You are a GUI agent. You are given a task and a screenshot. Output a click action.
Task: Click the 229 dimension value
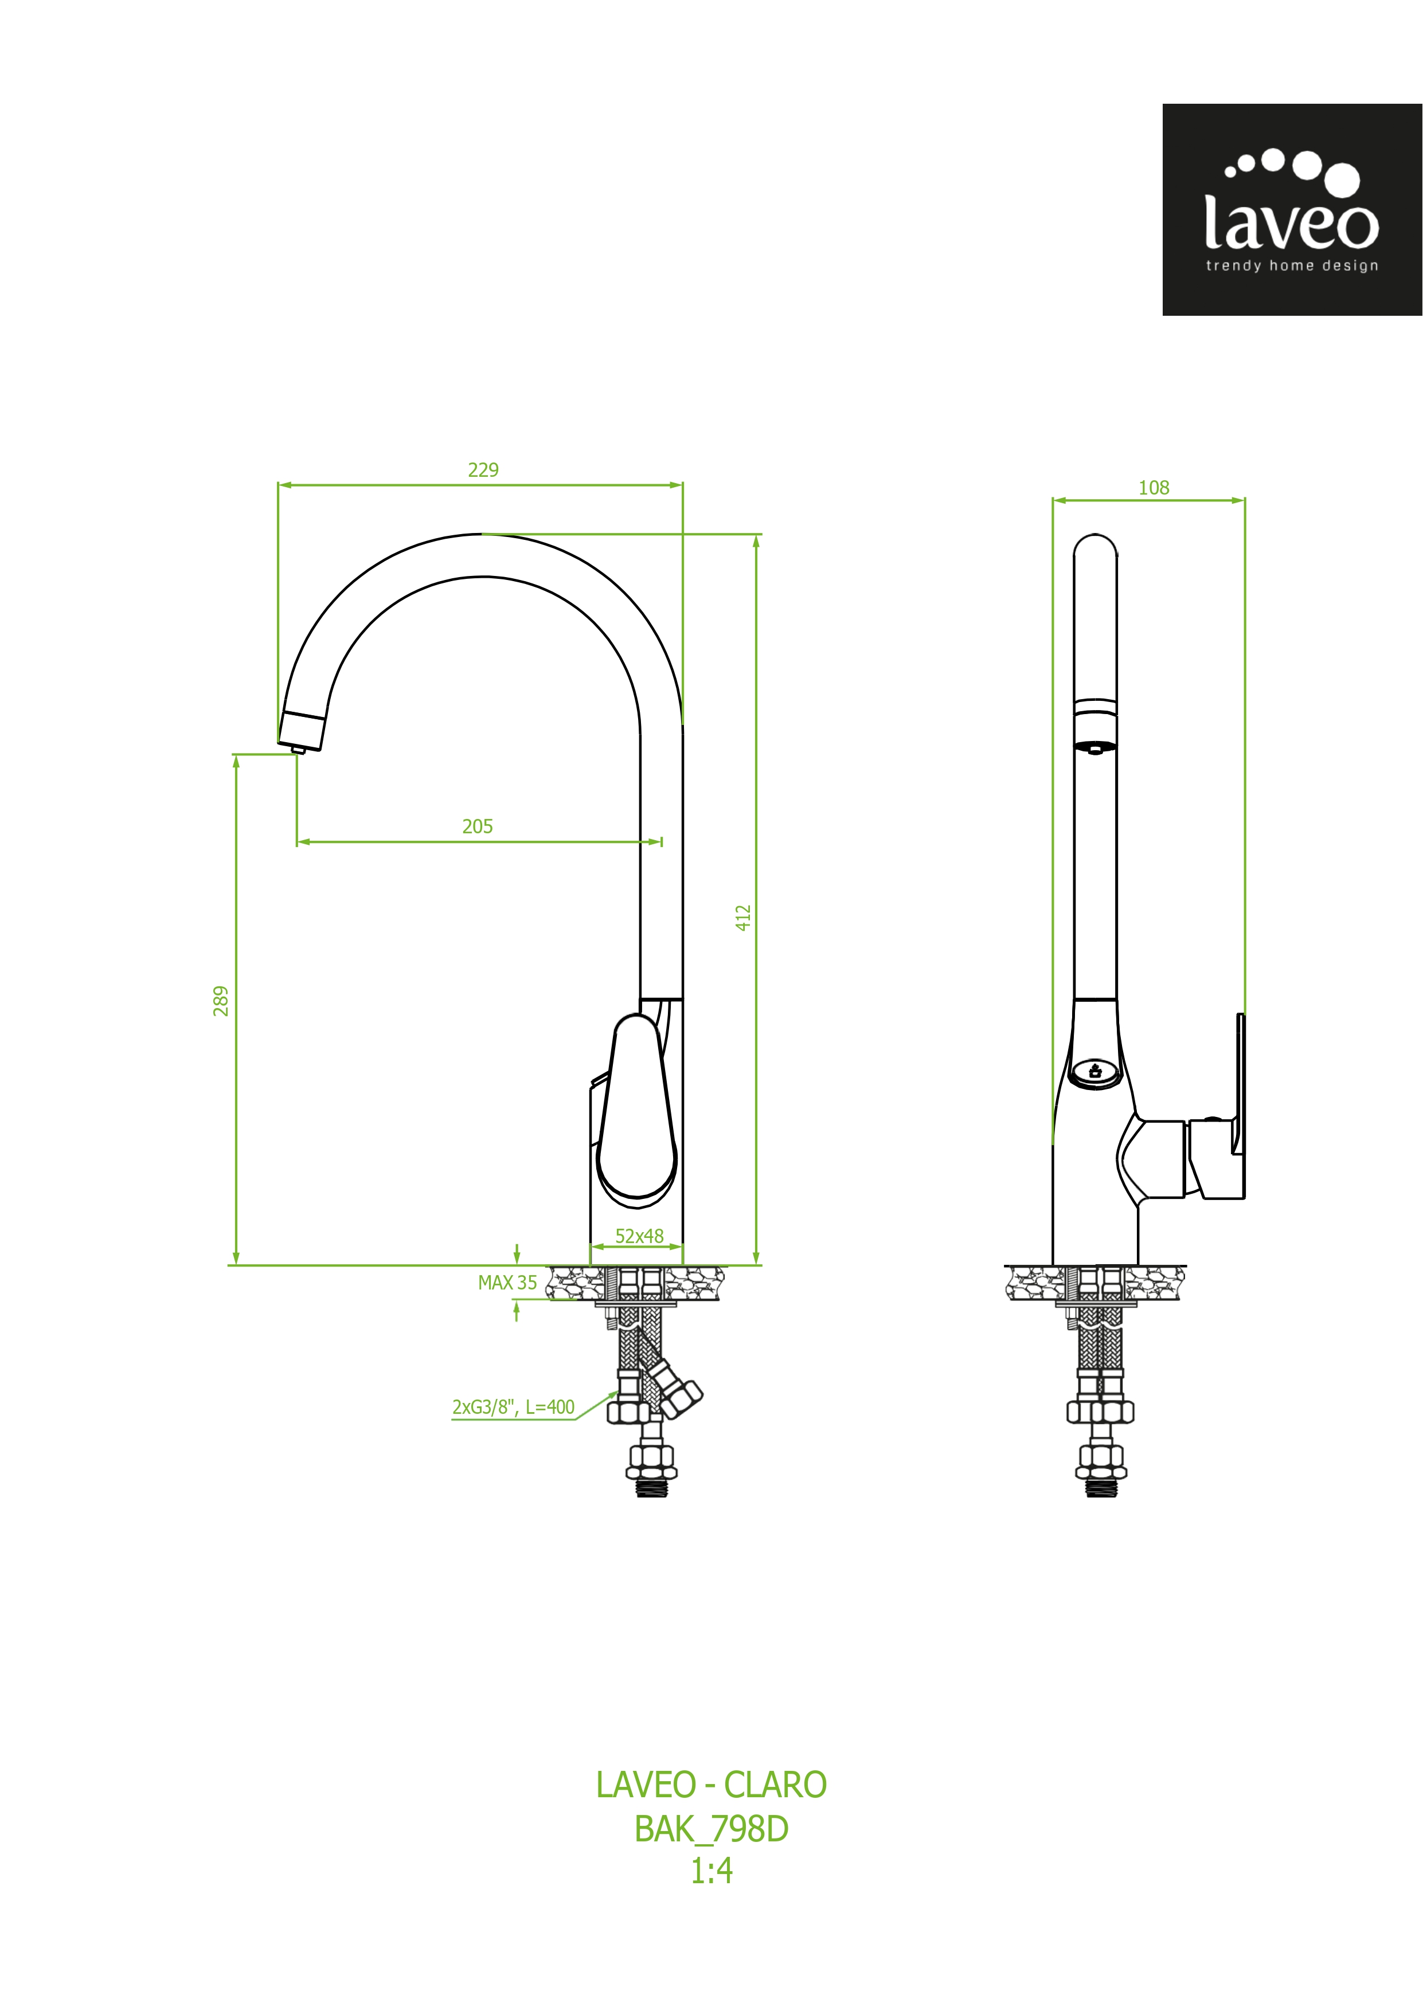pos(483,471)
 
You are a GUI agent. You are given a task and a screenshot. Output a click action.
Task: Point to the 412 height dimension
pos(743,918)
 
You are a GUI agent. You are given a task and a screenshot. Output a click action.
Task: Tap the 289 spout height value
pos(221,1001)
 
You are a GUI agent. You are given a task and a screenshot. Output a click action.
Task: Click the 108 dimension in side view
pos(1154,488)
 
